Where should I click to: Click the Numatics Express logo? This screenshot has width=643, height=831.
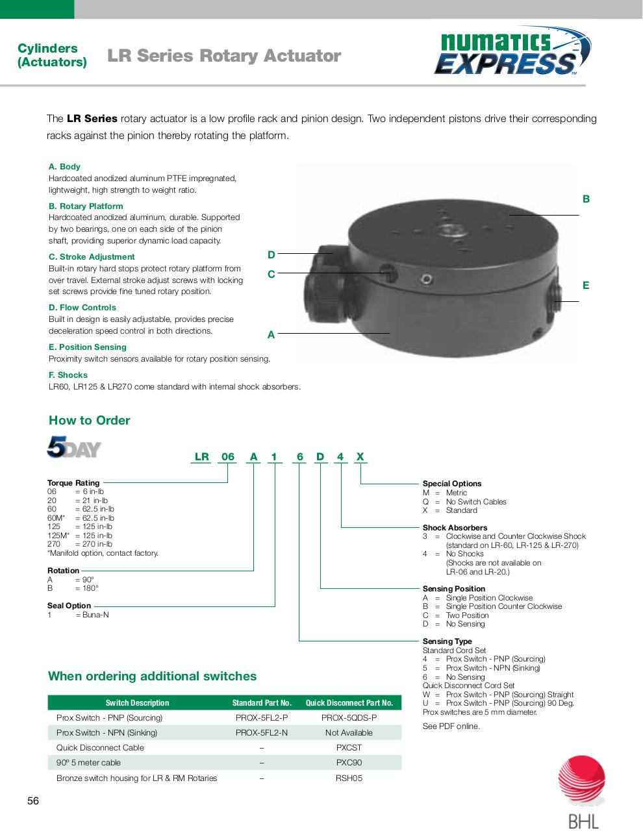(512, 51)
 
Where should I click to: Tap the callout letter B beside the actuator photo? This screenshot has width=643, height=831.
(586, 199)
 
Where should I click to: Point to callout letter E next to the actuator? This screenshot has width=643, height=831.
(586, 285)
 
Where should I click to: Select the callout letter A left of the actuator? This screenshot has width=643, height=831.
(271, 334)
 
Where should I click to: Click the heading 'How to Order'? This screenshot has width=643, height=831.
(89, 420)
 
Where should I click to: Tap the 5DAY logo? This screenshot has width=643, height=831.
(74, 447)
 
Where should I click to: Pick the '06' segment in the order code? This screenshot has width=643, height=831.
(227, 456)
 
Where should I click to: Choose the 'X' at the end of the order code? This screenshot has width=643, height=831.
(360, 456)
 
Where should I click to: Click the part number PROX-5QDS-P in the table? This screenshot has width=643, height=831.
(349, 718)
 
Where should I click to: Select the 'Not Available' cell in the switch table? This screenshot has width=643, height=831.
(349, 733)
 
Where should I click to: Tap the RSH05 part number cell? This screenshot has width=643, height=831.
(349, 778)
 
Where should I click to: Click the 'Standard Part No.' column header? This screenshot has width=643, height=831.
(262, 703)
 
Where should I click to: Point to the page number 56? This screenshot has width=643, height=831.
(33, 800)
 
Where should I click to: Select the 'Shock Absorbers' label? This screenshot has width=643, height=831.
(455, 528)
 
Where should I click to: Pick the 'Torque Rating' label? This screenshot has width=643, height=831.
(73, 482)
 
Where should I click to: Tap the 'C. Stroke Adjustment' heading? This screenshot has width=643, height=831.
(92, 256)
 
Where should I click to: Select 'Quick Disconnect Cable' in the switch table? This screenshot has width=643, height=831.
(100, 748)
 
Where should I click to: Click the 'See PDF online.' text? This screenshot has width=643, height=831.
(451, 726)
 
